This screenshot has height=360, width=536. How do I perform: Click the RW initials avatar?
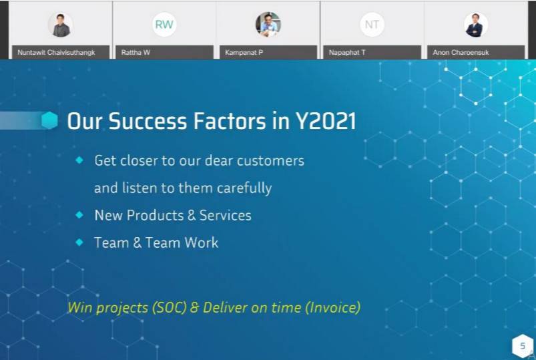coord(164,25)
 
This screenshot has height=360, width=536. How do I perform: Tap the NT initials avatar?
coord(372,25)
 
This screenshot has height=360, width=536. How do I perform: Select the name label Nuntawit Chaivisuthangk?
coord(56,52)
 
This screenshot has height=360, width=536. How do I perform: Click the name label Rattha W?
coord(136,52)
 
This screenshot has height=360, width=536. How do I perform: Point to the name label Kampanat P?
coord(244,52)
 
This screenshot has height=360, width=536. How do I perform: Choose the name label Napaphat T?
coord(347,52)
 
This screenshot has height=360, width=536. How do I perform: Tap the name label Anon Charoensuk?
coord(461,52)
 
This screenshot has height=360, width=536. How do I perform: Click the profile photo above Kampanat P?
coord(268,24)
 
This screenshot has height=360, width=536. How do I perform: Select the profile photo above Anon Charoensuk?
coord(476,25)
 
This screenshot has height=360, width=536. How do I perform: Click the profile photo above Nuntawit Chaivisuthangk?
coord(60,25)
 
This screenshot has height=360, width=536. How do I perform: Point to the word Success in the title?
coord(148,121)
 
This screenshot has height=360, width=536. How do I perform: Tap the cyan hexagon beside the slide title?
coord(49,120)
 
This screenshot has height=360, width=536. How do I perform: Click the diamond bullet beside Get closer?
coord(79,160)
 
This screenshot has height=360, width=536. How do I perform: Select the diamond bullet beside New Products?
coord(79,214)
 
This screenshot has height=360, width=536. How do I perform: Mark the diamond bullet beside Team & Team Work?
coord(79,242)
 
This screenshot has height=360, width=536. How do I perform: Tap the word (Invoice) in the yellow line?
coord(332,307)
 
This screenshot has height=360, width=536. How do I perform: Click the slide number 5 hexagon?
coord(523,346)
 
